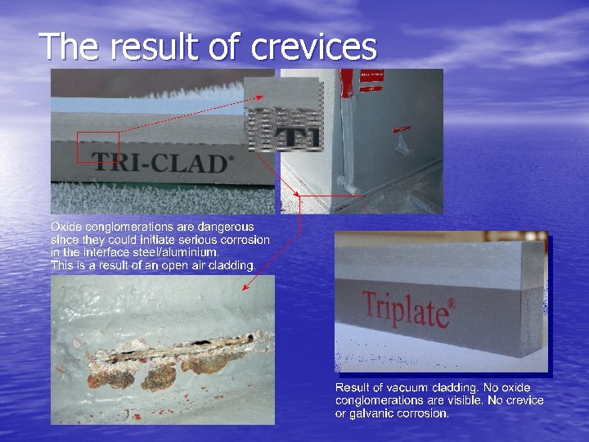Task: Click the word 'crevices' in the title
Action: point(314,47)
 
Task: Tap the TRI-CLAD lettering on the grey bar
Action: point(160,162)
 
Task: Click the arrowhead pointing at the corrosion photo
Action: point(245,287)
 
